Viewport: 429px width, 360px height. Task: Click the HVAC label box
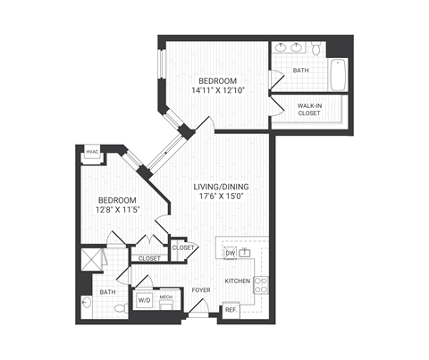[x=92, y=153]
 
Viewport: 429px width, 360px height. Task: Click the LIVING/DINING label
[x=221, y=187]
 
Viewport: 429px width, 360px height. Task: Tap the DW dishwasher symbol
[x=229, y=254]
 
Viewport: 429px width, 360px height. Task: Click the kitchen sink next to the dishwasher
[x=244, y=254]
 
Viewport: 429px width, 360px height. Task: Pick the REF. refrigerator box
[x=230, y=310]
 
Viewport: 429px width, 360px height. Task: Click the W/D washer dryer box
[x=144, y=301]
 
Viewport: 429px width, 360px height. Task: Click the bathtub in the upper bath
[x=338, y=74]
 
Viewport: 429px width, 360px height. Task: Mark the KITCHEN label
[x=237, y=280]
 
